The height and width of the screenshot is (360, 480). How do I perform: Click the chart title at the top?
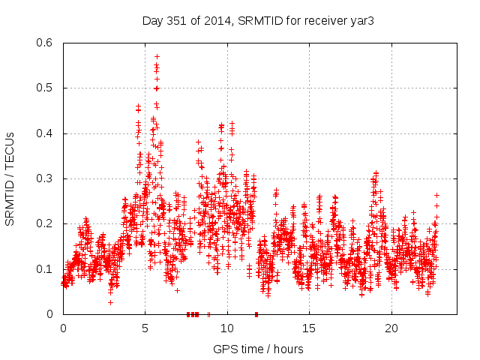(x=258, y=20)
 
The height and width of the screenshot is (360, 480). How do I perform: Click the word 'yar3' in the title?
(x=361, y=20)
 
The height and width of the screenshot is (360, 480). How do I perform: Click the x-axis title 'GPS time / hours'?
(x=258, y=349)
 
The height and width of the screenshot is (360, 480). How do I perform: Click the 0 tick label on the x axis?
(x=63, y=328)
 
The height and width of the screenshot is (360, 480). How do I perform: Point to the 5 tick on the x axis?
(x=145, y=328)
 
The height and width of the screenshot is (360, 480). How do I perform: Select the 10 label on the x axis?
(x=227, y=328)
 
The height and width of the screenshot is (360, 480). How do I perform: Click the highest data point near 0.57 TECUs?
(x=157, y=56)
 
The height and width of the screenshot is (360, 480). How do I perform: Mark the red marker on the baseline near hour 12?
(x=256, y=314)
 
